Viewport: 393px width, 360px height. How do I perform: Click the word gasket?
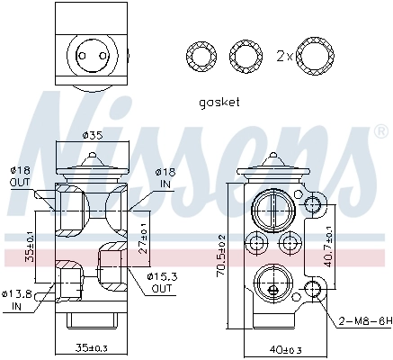219,102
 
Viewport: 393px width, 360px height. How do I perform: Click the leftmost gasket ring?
197,56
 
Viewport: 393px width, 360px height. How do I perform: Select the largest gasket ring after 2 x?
313,56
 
